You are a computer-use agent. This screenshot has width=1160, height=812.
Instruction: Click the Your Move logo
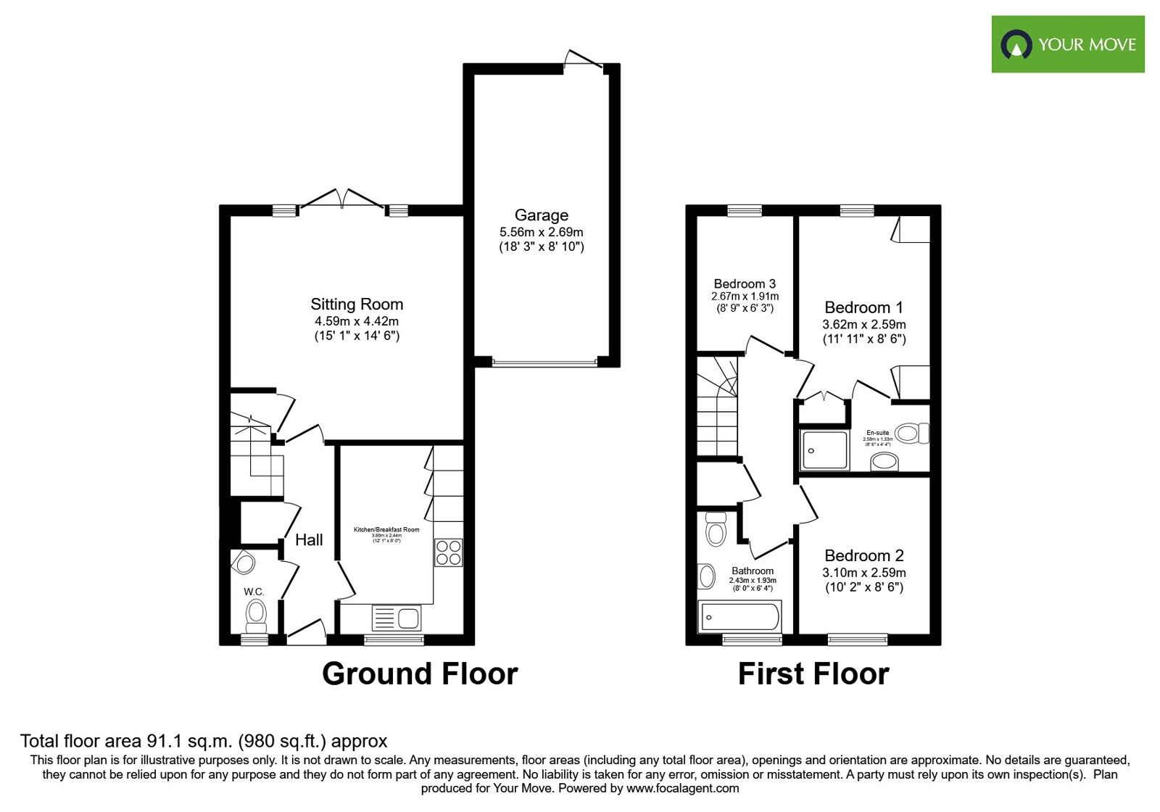(1067, 45)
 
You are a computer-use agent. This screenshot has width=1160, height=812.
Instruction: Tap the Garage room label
(541, 215)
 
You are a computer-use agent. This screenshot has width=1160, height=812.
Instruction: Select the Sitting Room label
(357, 304)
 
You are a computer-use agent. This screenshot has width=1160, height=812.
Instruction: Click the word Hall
(309, 540)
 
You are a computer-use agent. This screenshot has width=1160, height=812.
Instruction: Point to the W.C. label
(254, 592)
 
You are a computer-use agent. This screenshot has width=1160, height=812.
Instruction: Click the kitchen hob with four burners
(449, 552)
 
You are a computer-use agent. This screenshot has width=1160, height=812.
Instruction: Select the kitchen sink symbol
(396, 618)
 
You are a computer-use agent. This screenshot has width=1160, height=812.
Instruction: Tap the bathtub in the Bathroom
(739, 617)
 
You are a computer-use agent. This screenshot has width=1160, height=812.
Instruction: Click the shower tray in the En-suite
(824, 450)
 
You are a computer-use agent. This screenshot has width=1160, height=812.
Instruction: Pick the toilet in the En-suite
(911, 434)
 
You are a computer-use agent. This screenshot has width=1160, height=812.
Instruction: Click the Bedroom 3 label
(745, 284)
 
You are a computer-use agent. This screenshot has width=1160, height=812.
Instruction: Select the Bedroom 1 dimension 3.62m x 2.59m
(863, 325)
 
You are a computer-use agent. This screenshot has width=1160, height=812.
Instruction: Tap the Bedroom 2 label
(863, 556)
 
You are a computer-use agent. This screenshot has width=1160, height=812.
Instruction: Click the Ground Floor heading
(420, 674)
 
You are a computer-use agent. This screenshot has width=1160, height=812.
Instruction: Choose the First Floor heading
(813, 674)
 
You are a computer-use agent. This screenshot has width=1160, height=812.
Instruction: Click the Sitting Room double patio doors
(341, 200)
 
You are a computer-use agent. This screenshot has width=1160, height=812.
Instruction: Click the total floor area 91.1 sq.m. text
(204, 741)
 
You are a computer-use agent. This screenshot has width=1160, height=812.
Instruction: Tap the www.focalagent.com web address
(682, 788)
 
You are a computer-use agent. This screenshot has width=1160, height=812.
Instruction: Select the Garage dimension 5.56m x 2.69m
(541, 232)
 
